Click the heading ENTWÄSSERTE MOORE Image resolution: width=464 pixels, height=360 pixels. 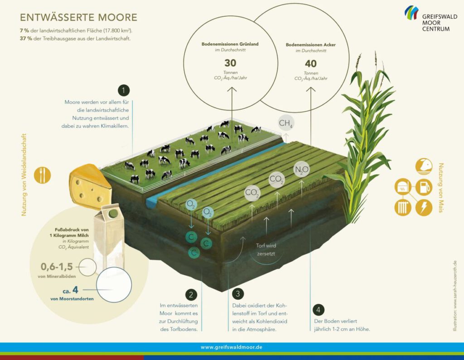pyautogui.click(x=79, y=18)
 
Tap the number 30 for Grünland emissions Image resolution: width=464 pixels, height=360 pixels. pyautogui.click(x=230, y=63)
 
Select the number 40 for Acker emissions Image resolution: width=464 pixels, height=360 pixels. pyautogui.click(x=311, y=63)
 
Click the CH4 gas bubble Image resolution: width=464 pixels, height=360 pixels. pyautogui.click(x=285, y=123)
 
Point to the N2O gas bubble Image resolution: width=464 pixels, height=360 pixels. pyautogui.click(x=301, y=170)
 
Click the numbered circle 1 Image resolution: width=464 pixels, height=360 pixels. pyautogui.click(x=124, y=91)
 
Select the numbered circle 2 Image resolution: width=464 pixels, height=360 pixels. pyautogui.click(x=191, y=295)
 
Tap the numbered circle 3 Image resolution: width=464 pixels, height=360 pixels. pyautogui.click(x=237, y=294)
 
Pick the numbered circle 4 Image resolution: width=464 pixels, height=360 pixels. pyautogui.click(x=319, y=310)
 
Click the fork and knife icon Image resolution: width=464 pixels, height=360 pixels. pyautogui.click(x=42, y=175)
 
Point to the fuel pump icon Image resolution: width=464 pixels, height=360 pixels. pyautogui.click(x=424, y=187)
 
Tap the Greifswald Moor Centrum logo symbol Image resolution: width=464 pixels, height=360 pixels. pyautogui.click(x=411, y=12)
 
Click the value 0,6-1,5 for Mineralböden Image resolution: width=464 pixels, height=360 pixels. pyautogui.click(x=57, y=267)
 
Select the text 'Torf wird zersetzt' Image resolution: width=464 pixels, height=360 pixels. pyautogui.click(x=266, y=249)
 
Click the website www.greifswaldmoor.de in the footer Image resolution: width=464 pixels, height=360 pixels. pyautogui.click(x=232, y=347)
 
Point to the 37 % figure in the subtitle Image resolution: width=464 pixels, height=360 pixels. pyautogui.click(x=26, y=39)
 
